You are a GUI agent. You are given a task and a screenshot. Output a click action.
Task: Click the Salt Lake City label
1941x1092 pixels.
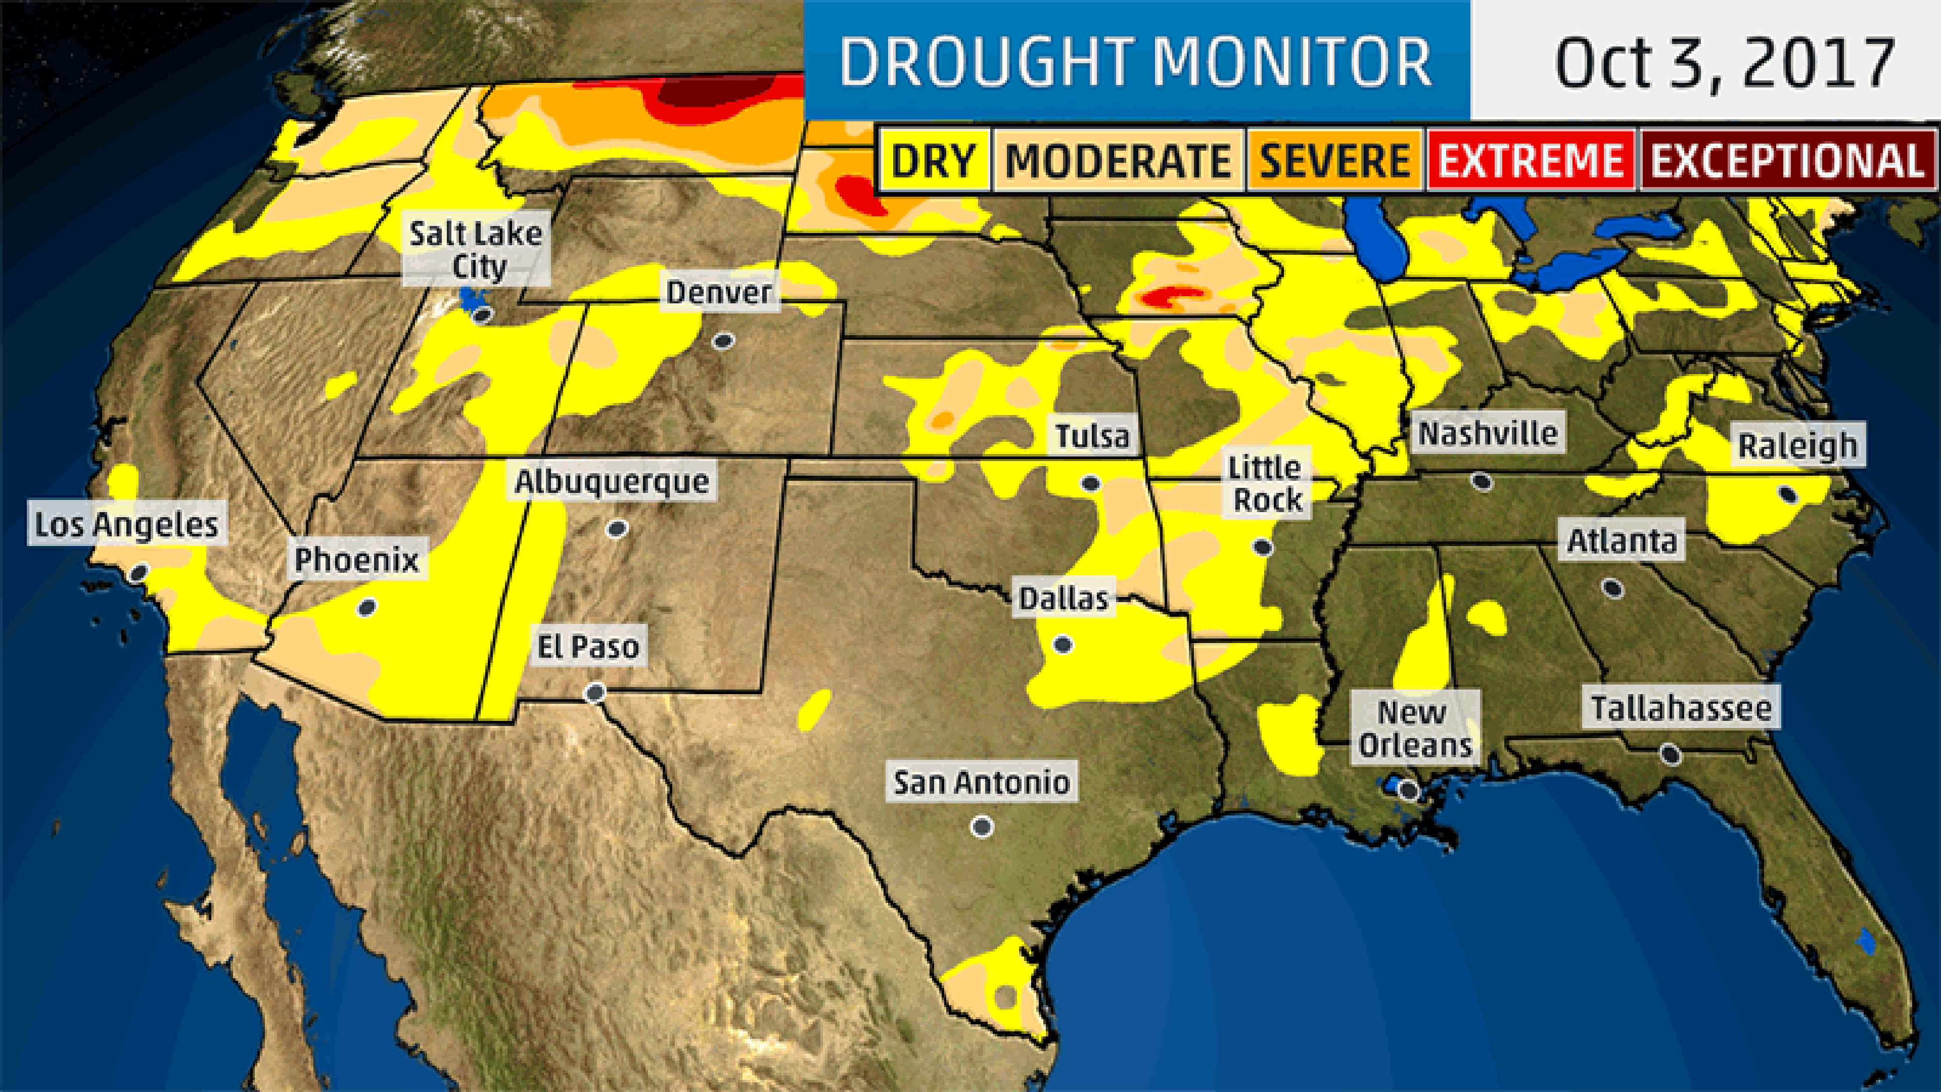[476, 249]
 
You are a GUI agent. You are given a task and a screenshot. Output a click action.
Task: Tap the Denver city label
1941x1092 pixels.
[719, 292]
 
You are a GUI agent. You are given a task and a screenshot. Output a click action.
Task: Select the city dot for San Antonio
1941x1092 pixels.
[982, 827]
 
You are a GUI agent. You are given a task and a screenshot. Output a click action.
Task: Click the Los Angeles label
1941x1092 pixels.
[126, 525]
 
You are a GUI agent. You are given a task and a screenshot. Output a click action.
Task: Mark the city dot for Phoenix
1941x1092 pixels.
[367, 607]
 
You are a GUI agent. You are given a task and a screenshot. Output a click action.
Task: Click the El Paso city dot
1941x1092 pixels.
[595, 692]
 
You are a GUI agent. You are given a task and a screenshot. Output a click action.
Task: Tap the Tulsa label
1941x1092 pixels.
[1092, 436]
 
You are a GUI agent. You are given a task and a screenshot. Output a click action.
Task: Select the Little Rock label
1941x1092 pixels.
[1266, 483]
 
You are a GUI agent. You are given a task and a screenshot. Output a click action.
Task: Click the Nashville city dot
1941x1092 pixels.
[1482, 481]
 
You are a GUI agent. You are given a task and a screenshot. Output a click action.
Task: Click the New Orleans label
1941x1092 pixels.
[1414, 728]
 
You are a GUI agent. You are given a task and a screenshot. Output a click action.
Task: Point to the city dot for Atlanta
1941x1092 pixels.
[1612, 588]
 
